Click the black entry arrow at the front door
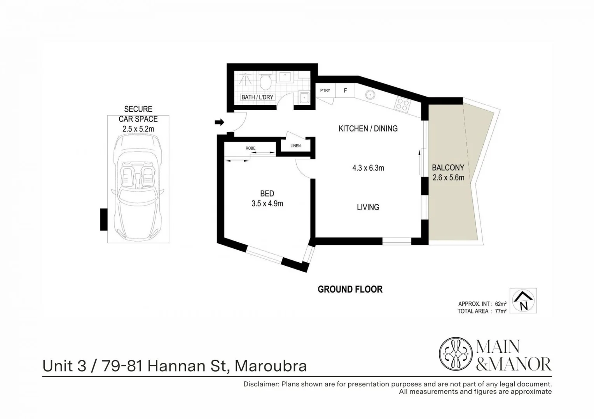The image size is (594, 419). tap(220, 123)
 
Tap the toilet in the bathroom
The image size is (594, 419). tap(266, 82)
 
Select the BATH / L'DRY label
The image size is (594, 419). tap(257, 97)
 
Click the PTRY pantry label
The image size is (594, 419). tap(325, 91)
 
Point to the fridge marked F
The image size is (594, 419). tap(345, 91)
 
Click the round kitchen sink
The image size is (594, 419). tap(370, 94)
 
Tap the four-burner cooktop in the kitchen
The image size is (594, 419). tap(403, 104)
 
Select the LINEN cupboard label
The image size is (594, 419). tap(295, 146)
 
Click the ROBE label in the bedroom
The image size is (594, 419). tap(251, 148)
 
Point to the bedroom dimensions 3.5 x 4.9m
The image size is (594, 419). tap(267, 203)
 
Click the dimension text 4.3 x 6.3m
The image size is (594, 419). tap(368, 168)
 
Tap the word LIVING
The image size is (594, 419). tap(368, 207)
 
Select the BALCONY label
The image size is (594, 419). tap(448, 168)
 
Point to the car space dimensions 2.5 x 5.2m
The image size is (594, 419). tap(138, 129)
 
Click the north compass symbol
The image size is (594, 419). tap(523, 301)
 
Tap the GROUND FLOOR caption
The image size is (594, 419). tap(350, 289)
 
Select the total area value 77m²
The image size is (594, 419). tap(501, 311)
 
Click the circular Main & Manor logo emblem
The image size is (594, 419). tap(456, 354)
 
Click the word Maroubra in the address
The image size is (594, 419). tap(271, 366)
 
